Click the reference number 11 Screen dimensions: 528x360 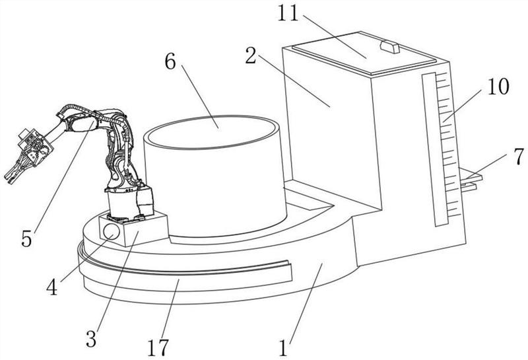point(288,14)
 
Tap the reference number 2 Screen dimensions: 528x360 point(251,55)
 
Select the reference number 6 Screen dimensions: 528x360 point(170,61)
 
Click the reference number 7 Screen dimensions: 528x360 point(519,157)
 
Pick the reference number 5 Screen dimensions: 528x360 point(26,239)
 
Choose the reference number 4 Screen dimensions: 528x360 point(52,287)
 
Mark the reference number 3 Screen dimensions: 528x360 point(91,339)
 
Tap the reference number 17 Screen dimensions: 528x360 point(158,347)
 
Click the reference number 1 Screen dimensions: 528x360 point(283,347)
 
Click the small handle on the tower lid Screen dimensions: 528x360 point(390,47)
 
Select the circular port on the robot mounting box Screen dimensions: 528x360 point(111,232)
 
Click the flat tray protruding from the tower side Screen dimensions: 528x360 point(471,179)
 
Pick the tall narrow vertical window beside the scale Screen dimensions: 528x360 point(434,150)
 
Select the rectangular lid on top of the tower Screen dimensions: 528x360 point(364,54)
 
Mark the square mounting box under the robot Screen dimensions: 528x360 point(134,230)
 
